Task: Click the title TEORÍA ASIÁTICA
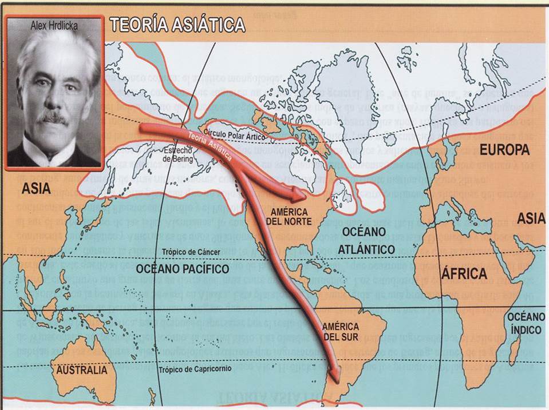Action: pyautogui.click(x=177, y=25)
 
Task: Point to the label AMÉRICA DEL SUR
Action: pyautogui.click(x=339, y=331)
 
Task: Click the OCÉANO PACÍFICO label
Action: pyautogui.click(x=183, y=268)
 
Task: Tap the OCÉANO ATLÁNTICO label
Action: pyautogui.click(x=366, y=240)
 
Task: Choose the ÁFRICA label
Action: pyautogui.click(x=464, y=273)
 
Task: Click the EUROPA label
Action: pyautogui.click(x=504, y=150)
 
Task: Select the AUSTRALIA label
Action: pyautogui.click(x=81, y=370)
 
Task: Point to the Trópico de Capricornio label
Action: pyautogui.click(x=196, y=369)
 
